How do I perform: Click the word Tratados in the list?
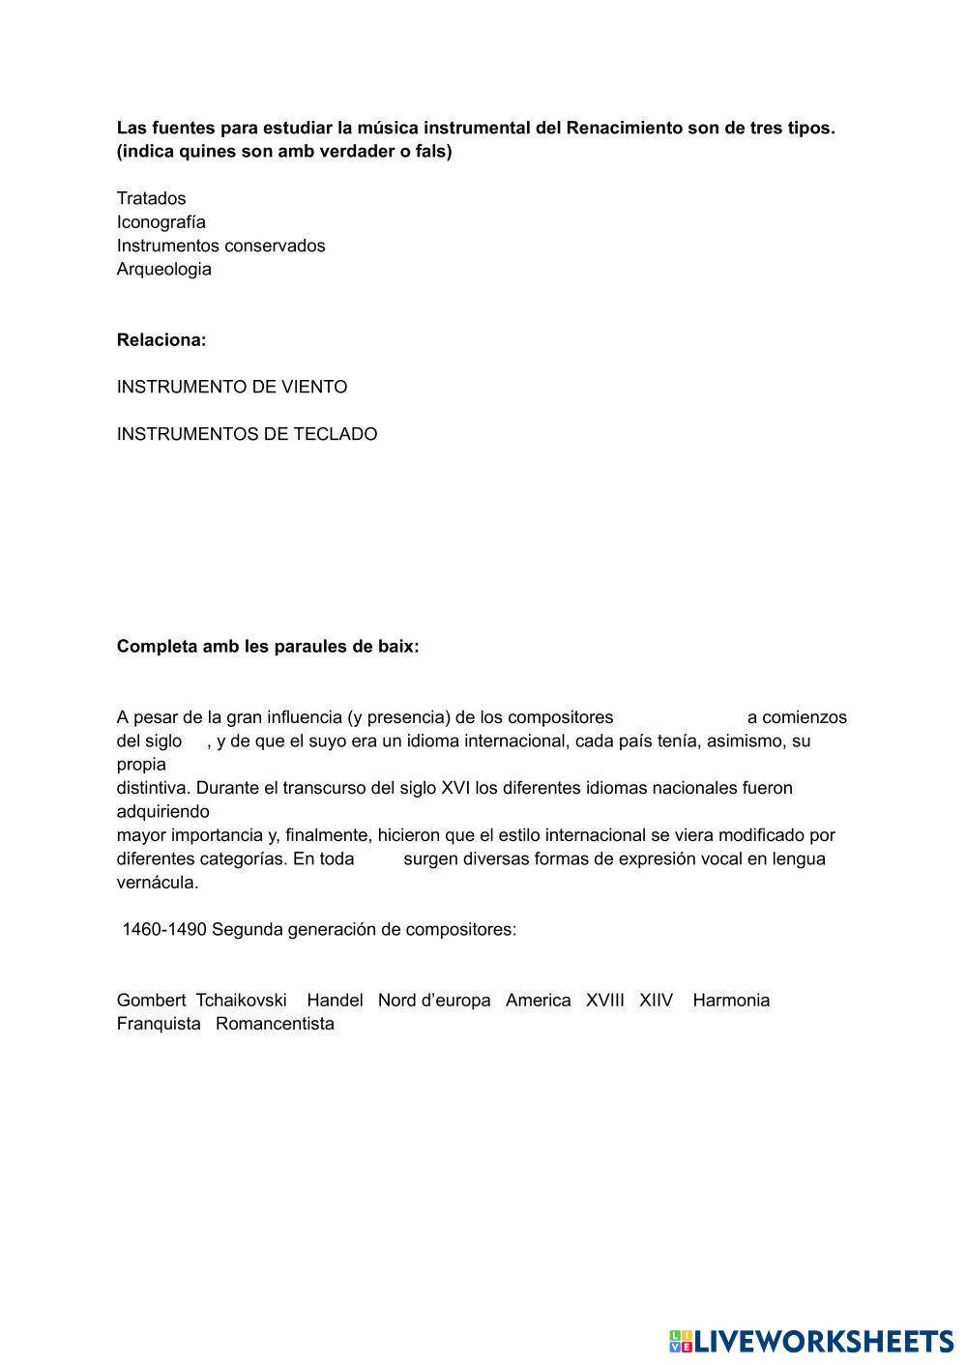click(151, 198)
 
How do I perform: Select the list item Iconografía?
click(161, 221)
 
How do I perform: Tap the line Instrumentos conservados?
click(220, 246)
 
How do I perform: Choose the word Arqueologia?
click(163, 269)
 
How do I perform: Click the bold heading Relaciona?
click(161, 340)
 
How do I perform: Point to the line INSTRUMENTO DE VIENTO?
click(231, 387)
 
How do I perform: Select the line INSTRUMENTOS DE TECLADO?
click(247, 434)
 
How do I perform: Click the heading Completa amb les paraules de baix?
click(268, 647)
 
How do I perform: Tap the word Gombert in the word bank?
click(151, 1001)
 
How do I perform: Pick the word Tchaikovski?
click(241, 1001)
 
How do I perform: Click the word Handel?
click(335, 1001)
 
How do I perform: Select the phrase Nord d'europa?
click(434, 1001)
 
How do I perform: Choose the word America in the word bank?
click(538, 1001)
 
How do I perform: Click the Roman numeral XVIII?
click(604, 1001)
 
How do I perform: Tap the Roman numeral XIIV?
click(656, 1001)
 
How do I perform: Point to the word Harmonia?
click(731, 1001)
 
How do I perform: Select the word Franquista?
click(159, 1024)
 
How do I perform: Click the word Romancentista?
click(275, 1024)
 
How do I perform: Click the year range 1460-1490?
click(163, 930)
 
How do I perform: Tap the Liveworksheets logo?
click(810, 1341)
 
